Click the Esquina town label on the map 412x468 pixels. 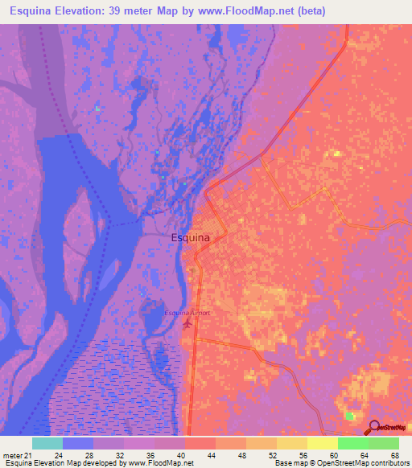coord(191,238)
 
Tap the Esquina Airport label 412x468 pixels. coord(187,312)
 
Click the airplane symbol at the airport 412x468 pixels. coord(188,324)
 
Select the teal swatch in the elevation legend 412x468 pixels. coord(47,443)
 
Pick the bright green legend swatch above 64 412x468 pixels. coord(352,443)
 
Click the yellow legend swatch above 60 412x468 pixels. coord(322,443)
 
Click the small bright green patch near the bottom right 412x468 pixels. coord(349,416)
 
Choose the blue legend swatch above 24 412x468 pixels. coord(78,443)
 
